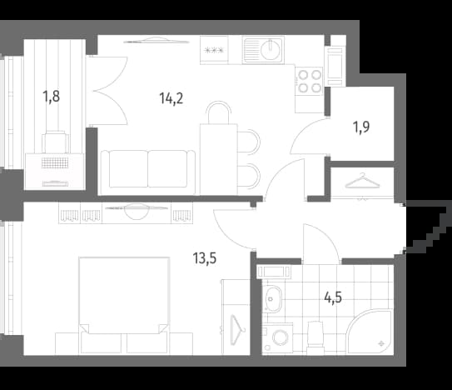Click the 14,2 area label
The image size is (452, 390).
point(171,98)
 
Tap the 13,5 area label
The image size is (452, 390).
point(205,258)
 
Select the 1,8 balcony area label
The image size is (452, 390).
point(52,97)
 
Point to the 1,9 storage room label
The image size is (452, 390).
point(361,127)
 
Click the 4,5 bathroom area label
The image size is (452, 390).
point(333,297)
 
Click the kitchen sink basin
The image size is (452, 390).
point(271,49)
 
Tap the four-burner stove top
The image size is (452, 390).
point(310,81)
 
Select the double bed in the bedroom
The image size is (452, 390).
point(124,304)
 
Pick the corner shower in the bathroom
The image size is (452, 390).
point(370,332)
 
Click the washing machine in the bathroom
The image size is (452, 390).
point(277,337)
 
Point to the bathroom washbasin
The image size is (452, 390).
point(272,299)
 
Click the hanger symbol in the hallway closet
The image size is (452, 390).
point(362,181)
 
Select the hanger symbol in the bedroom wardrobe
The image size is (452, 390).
point(237,330)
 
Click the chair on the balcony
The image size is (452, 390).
point(56,142)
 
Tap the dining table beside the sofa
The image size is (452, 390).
point(218,159)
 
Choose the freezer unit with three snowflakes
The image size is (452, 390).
point(214,50)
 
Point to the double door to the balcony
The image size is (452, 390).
point(111,91)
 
